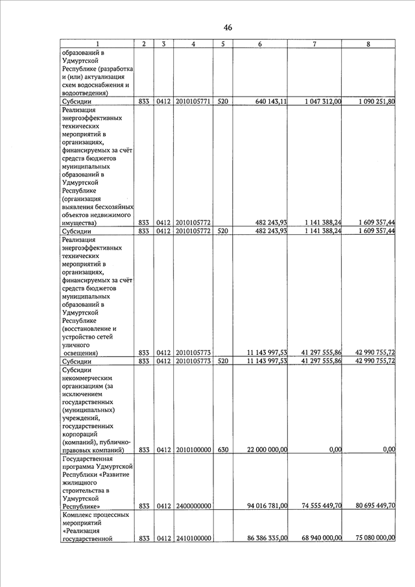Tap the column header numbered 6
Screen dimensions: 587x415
click(x=259, y=43)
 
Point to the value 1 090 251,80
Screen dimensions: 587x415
click(x=372, y=102)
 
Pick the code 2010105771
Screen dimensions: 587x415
click(x=193, y=102)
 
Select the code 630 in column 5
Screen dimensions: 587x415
click(x=222, y=449)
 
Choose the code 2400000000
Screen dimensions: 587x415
click(x=193, y=505)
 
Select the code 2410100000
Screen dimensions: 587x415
click(x=193, y=538)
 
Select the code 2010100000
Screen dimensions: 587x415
click(x=193, y=449)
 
